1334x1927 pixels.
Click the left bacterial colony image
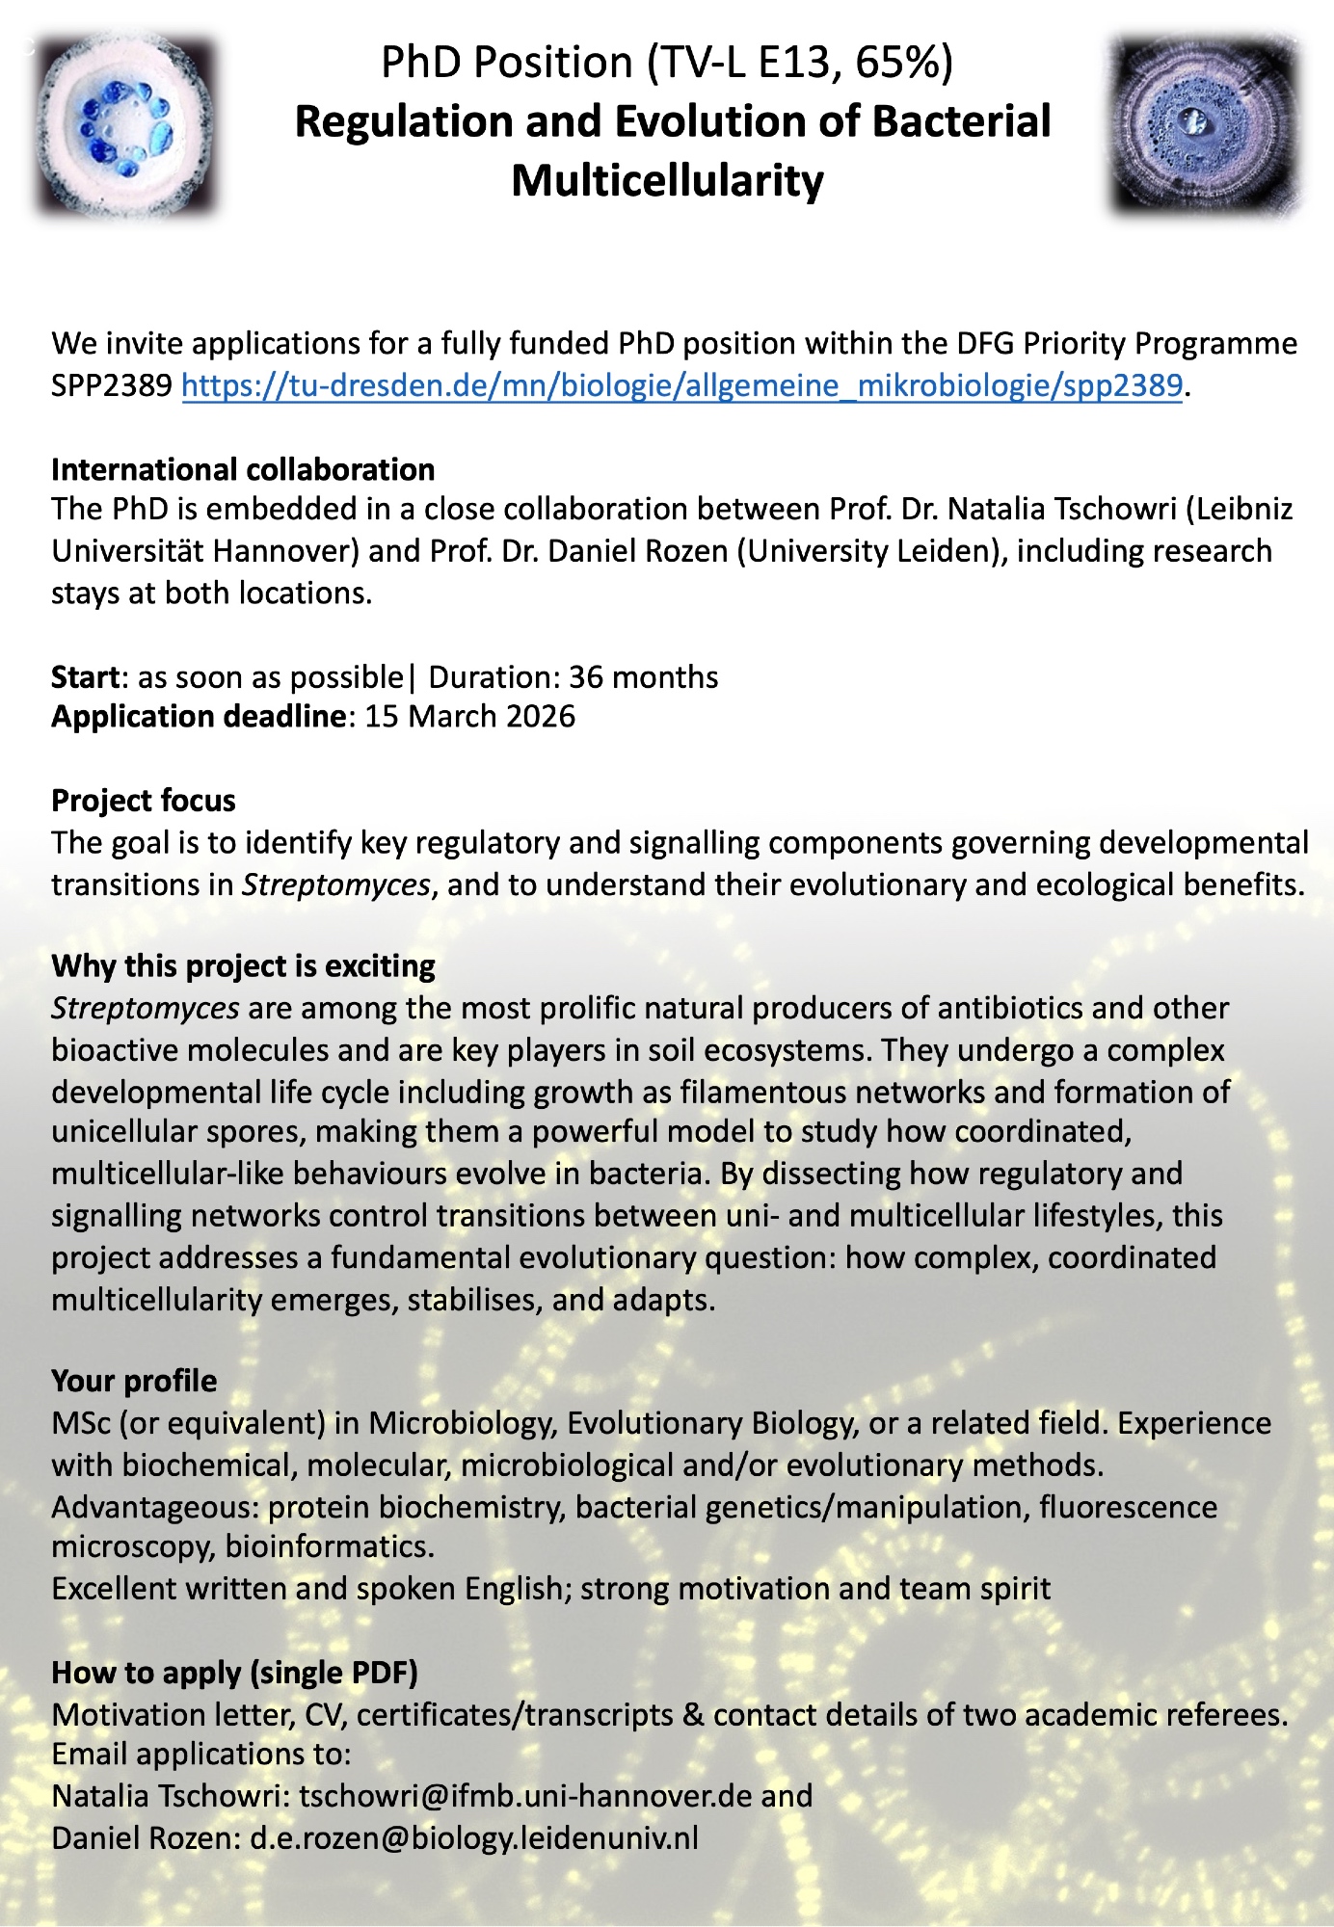(x=125, y=126)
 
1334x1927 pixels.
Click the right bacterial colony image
(x=1204, y=124)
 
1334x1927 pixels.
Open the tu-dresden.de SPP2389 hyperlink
(x=681, y=385)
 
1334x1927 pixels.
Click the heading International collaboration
(x=243, y=469)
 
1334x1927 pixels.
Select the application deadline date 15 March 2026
(x=469, y=717)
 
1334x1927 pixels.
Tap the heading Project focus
(x=144, y=801)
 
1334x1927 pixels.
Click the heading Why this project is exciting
(x=243, y=966)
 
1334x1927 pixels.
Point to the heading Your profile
(x=134, y=1381)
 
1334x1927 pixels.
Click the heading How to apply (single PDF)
(x=234, y=1673)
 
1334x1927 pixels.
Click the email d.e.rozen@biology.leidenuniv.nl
(x=474, y=1838)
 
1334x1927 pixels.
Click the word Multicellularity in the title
(x=667, y=180)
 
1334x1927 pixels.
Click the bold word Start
(x=85, y=677)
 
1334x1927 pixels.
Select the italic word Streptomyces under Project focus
(x=335, y=884)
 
